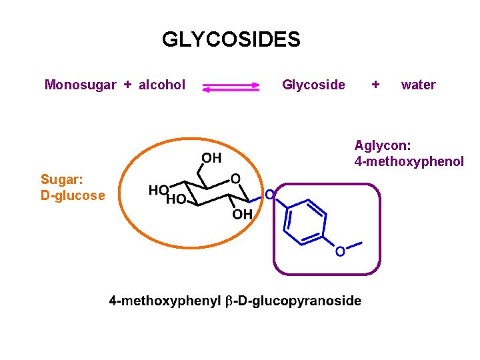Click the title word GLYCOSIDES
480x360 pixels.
click(x=231, y=40)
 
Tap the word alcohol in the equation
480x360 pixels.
click(x=162, y=85)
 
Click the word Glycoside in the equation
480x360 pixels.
click(x=313, y=85)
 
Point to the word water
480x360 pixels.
click(x=418, y=85)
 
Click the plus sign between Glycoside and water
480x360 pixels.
click(x=376, y=85)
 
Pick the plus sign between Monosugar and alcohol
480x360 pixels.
click(x=127, y=85)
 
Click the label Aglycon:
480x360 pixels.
click(x=383, y=145)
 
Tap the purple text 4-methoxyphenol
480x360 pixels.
click(x=409, y=161)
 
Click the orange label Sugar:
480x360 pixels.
click(x=61, y=179)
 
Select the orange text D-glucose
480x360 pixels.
click(x=73, y=195)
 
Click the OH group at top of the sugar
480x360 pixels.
click(x=211, y=158)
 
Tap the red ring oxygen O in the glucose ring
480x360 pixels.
click(x=235, y=179)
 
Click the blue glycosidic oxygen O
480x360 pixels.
click(x=269, y=195)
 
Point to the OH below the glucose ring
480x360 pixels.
click(x=242, y=215)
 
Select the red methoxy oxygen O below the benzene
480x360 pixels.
click(x=340, y=251)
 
